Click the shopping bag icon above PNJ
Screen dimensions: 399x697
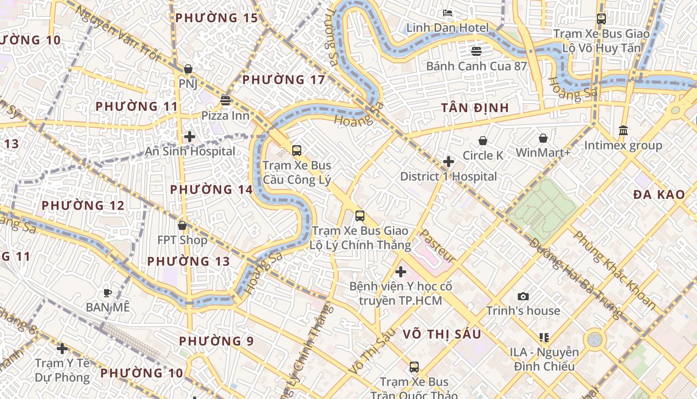point(188,69)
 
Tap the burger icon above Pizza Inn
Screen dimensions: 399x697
point(226,101)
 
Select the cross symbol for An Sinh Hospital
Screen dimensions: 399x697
point(190,137)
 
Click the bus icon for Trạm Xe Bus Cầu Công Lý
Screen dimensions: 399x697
point(297,150)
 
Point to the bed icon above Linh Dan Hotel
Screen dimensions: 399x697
point(448,12)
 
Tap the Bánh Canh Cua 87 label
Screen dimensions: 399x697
point(476,66)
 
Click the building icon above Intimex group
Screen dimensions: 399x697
point(623,131)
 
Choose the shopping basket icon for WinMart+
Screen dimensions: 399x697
point(543,138)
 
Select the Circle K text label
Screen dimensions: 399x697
point(483,156)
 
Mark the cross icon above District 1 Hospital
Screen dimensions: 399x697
point(449,162)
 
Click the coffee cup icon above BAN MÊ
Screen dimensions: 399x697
point(107,293)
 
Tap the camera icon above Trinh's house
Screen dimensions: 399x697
point(523,296)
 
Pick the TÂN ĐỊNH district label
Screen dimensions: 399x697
point(475,108)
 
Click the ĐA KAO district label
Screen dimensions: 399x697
point(659,195)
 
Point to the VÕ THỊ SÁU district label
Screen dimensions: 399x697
point(442,334)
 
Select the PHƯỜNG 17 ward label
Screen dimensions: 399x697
point(283,80)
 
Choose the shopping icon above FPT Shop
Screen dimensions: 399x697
point(182,226)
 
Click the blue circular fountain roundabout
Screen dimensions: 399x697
point(594,340)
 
